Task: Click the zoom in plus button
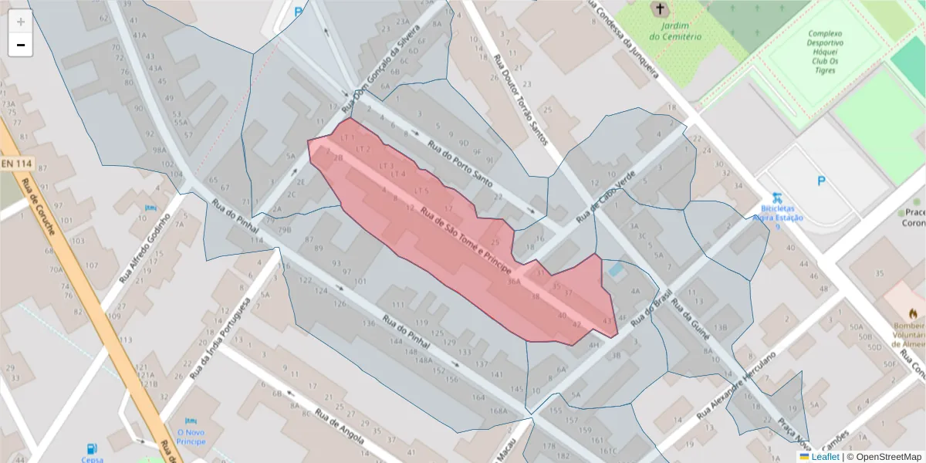click(21, 22)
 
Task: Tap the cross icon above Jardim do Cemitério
click(659, 9)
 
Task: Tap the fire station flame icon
click(914, 313)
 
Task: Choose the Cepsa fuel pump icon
click(92, 448)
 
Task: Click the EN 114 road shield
click(16, 164)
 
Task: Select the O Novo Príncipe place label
click(191, 437)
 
